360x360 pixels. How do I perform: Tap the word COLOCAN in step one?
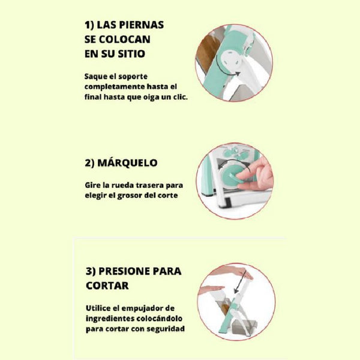click(125, 40)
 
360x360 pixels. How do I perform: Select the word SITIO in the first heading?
click(131, 54)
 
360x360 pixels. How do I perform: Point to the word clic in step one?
click(180, 97)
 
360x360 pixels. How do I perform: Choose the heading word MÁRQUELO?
click(127, 163)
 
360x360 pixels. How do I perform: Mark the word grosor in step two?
click(130, 196)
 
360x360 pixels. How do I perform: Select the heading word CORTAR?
click(107, 286)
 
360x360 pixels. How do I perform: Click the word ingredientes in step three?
click(110, 319)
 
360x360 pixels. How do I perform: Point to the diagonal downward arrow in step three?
click(239, 282)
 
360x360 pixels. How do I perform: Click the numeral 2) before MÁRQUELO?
click(89, 163)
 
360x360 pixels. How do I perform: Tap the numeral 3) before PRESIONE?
click(91, 271)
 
